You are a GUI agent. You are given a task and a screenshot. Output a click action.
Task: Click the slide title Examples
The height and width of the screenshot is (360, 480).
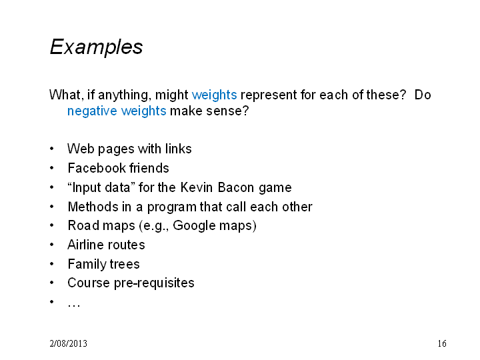96,47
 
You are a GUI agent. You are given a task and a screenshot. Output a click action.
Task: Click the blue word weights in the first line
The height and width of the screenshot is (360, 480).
214,95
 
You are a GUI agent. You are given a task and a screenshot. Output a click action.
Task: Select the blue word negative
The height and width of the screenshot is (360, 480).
92,111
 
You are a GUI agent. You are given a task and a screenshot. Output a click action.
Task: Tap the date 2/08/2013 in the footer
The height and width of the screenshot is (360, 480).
68,343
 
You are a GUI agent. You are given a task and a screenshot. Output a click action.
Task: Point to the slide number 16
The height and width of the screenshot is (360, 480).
442,343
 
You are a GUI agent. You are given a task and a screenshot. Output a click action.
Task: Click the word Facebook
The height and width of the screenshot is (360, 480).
97,168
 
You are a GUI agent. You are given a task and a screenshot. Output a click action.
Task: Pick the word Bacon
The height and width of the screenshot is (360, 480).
236,187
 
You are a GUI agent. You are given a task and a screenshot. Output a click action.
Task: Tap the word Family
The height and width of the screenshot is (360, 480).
86,265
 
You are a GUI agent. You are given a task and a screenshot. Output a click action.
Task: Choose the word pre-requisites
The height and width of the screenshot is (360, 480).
154,283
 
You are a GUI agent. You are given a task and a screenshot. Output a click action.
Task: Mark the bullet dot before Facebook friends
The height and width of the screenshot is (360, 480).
52,168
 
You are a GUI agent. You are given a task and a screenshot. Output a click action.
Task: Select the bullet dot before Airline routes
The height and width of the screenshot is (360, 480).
52,245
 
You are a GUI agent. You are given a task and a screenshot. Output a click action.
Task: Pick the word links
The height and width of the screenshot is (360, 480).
178,149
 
